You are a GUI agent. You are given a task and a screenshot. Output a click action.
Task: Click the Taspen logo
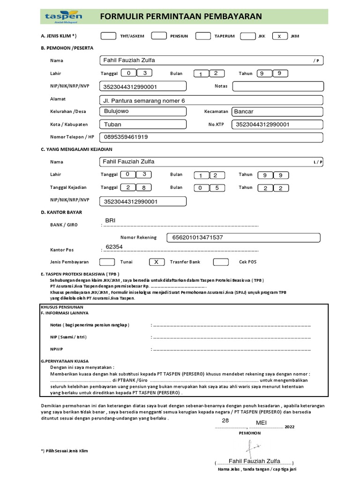(x=63, y=17)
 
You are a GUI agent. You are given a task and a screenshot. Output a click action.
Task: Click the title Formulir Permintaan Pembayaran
(x=181, y=17)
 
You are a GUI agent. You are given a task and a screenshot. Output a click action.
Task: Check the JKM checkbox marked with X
(x=280, y=36)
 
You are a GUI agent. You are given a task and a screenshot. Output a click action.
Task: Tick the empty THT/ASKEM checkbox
(x=109, y=36)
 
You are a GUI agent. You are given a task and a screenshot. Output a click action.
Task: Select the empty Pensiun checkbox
(x=159, y=36)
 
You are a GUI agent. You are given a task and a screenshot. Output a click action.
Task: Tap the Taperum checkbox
(x=203, y=36)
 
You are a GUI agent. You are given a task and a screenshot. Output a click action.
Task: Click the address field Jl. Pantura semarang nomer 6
(x=211, y=100)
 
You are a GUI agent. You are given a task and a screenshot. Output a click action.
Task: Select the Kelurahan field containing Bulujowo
(x=142, y=112)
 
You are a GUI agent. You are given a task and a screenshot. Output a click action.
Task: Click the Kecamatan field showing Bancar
(x=277, y=112)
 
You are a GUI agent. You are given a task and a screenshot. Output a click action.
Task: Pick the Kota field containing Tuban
(x=142, y=124)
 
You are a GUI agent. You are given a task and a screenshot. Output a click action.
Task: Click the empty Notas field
(x=277, y=86)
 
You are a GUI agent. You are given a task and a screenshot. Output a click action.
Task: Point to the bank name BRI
(x=110, y=220)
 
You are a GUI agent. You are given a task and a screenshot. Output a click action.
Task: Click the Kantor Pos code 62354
(x=114, y=247)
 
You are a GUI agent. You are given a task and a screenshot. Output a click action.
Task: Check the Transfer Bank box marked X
(x=157, y=262)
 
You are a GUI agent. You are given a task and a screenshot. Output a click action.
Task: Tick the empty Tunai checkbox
(x=107, y=262)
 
